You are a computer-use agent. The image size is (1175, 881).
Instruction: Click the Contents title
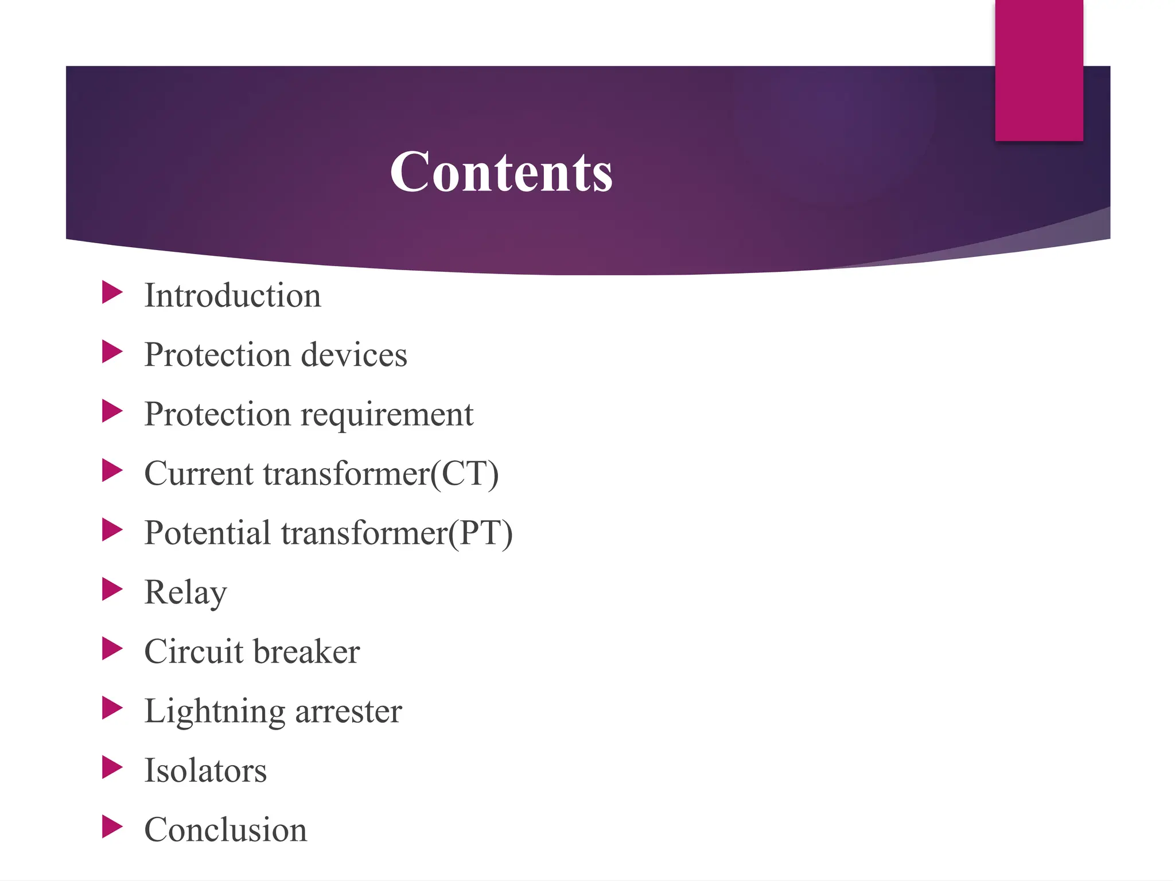click(x=501, y=171)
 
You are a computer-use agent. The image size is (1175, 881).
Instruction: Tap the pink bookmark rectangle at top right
click(x=1038, y=70)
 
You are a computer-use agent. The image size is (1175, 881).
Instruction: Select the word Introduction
click(x=232, y=296)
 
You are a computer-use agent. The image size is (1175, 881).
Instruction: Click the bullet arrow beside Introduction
click(x=112, y=293)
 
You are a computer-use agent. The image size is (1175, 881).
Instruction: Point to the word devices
click(x=354, y=355)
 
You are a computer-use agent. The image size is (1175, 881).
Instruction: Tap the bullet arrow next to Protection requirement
click(x=112, y=411)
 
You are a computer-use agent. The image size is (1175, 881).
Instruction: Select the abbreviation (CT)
click(x=465, y=474)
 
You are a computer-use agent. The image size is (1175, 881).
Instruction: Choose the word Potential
click(x=207, y=533)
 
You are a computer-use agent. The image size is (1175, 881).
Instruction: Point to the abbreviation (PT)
click(x=480, y=533)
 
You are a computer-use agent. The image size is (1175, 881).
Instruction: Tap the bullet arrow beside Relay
click(x=112, y=589)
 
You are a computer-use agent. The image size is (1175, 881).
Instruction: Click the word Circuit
click(x=194, y=652)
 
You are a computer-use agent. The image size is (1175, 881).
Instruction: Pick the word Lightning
click(x=215, y=712)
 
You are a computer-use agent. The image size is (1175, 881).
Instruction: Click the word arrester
click(x=348, y=712)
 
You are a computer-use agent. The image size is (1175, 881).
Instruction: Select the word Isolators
click(x=205, y=771)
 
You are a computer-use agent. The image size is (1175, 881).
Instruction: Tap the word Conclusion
click(x=225, y=830)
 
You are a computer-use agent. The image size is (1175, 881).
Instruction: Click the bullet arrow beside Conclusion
click(x=112, y=827)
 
